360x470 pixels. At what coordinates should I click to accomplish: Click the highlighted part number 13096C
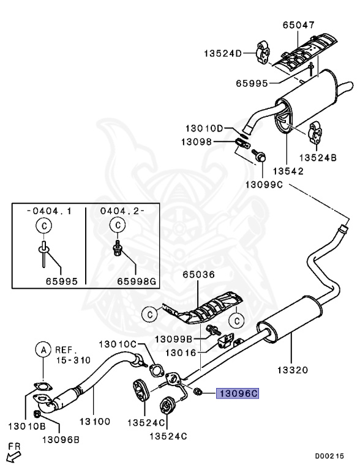[238, 395]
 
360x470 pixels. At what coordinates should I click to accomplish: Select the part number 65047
[298, 26]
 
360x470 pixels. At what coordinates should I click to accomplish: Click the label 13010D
[206, 129]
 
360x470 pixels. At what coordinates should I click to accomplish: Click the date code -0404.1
[49, 211]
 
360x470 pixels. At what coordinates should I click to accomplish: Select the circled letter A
[43, 350]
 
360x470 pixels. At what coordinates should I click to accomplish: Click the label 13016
[182, 352]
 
